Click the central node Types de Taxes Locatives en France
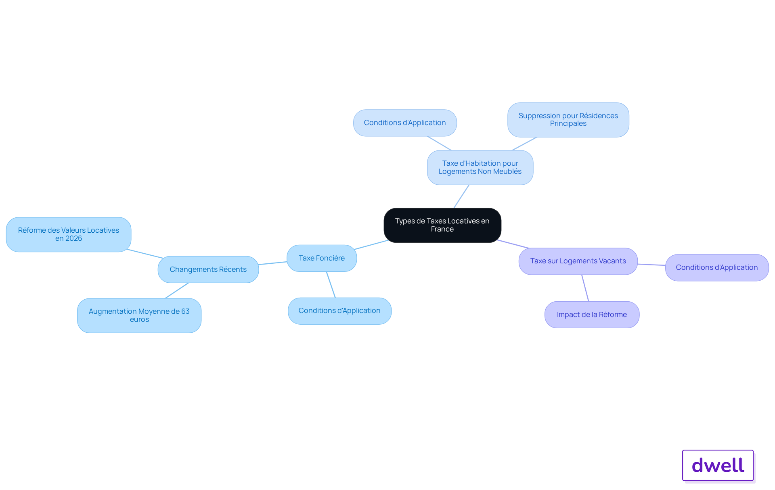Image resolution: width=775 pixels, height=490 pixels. click(x=442, y=225)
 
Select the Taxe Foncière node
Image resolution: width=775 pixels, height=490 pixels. click(x=322, y=258)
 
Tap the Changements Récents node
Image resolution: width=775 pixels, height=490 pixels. click(x=208, y=269)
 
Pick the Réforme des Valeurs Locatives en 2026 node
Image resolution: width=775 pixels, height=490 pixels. click(x=69, y=234)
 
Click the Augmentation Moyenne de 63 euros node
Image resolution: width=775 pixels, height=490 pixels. click(x=139, y=315)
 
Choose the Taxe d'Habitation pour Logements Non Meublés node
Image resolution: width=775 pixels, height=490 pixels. click(x=480, y=167)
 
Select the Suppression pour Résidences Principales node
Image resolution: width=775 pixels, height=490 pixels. click(x=568, y=120)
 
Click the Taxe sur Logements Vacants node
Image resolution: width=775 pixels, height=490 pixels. click(x=578, y=261)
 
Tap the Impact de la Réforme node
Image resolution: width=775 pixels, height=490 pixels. click(x=592, y=315)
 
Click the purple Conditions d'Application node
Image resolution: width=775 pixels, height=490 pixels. click(x=717, y=267)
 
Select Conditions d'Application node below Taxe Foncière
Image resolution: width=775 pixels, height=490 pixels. click(x=339, y=311)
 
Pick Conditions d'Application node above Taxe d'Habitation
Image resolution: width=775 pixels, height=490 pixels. click(x=405, y=123)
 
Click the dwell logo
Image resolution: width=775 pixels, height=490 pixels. click(x=718, y=465)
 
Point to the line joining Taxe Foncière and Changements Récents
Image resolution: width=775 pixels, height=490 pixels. click(x=273, y=263)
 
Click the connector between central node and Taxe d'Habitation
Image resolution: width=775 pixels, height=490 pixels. click(x=461, y=196)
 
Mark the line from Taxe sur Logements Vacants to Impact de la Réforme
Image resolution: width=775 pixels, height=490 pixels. click(x=585, y=288)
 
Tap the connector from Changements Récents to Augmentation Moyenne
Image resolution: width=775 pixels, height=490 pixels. click(x=177, y=290)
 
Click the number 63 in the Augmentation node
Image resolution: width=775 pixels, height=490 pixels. click(x=185, y=311)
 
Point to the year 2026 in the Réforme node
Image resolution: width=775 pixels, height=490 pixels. click(x=74, y=238)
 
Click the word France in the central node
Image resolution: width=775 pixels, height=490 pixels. click(x=442, y=229)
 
